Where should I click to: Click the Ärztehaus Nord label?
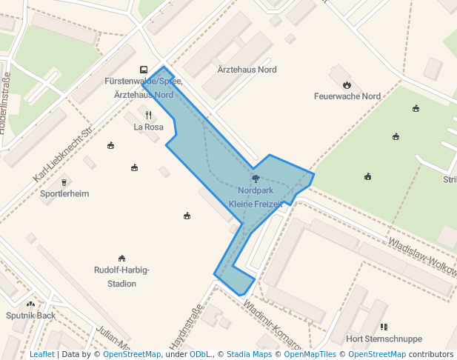247,70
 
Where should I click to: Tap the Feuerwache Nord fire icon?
347,84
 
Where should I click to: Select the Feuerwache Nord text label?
347,96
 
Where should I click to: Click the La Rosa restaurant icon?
148,115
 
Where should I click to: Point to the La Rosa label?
148,127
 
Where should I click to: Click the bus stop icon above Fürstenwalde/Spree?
144,69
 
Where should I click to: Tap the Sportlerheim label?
65,194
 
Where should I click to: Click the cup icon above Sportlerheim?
64,181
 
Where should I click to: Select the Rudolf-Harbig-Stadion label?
122,276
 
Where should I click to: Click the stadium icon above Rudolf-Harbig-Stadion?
122,257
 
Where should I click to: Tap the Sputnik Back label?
30,316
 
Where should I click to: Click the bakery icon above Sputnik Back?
30,304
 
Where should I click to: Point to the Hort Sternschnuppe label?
384,339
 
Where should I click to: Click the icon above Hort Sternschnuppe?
384,327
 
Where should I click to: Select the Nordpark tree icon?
256,178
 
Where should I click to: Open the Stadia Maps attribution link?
249,354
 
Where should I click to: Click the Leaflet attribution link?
41,354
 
